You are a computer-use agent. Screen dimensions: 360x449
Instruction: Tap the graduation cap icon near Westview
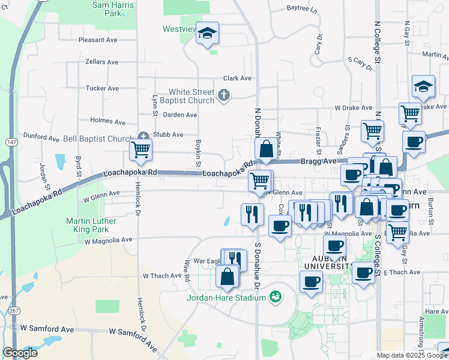[x=207, y=34]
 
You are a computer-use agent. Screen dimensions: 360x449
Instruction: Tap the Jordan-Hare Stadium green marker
[x=276, y=296]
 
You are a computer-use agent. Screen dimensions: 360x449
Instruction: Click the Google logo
[x=20, y=353]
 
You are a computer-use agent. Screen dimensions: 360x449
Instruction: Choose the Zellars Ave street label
[x=102, y=62]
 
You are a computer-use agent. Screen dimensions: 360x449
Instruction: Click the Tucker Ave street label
[x=102, y=88]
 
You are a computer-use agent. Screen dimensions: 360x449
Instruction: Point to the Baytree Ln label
[x=301, y=8]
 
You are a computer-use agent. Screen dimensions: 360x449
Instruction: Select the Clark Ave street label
[x=237, y=79]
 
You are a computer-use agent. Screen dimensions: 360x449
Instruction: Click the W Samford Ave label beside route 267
[x=46, y=329]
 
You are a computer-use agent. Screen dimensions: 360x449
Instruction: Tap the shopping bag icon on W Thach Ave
[x=228, y=277]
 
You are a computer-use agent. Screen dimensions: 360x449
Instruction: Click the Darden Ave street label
[x=180, y=115]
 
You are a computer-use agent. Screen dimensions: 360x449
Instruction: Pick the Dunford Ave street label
[x=41, y=137]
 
